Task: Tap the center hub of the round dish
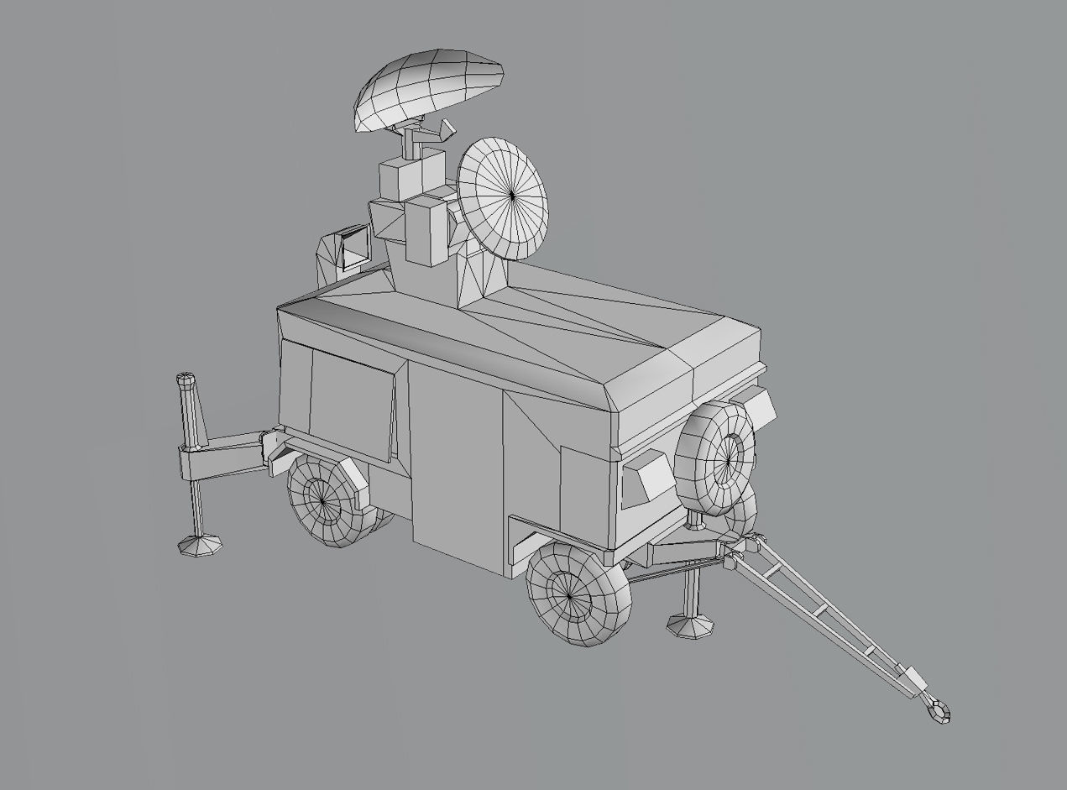[x=512, y=196]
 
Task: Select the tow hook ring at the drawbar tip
[x=938, y=710]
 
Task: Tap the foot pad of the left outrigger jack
[x=201, y=545]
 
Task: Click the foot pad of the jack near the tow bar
[x=691, y=625]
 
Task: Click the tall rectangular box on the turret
[x=426, y=232]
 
